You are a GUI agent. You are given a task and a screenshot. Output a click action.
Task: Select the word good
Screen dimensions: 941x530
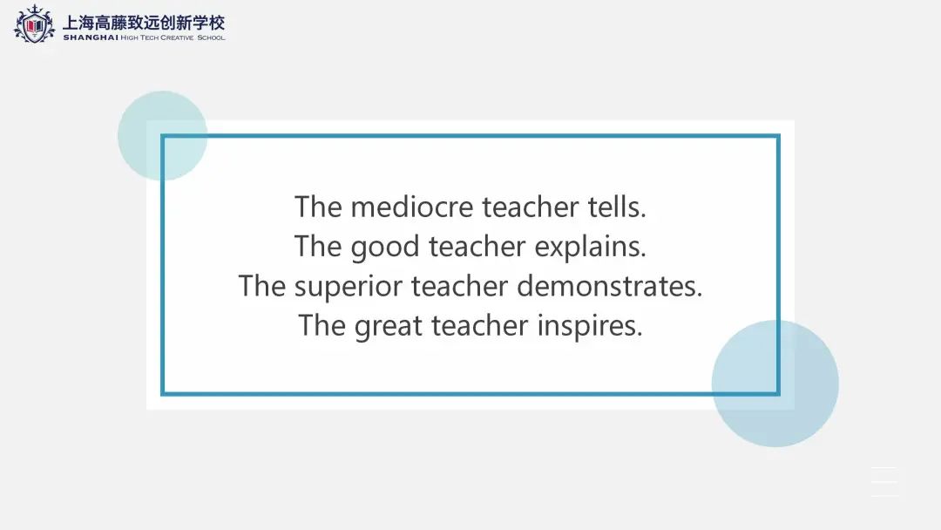tap(385, 248)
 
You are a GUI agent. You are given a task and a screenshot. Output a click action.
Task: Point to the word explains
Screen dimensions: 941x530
tap(591, 248)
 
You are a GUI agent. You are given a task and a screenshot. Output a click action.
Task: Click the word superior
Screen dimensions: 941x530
tap(348, 287)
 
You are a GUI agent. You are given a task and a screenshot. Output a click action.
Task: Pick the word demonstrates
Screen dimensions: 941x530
tap(610, 286)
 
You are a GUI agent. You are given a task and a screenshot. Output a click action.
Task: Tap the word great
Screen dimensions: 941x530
tap(389, 327)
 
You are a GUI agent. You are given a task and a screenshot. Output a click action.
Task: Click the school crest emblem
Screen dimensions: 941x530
tap(34, 24)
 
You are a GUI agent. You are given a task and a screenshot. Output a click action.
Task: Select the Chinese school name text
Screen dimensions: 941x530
tap(144, 22)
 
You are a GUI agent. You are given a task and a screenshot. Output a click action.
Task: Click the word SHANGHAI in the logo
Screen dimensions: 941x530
tap(91, 37)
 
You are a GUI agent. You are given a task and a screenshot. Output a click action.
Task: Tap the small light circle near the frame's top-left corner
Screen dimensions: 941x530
tap(163, 136)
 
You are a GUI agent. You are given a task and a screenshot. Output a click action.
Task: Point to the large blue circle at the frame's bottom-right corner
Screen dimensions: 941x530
tap(775, 384)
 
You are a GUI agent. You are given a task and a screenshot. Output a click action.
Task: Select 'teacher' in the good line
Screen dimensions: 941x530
tap(477, 246)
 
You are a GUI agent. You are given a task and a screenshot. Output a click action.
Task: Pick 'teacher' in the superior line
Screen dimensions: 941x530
tap(460, 286)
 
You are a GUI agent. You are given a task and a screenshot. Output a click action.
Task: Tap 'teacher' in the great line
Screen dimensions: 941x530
tap(479, 325)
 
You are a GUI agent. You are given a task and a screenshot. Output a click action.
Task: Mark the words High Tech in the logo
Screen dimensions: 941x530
tap(139, 37)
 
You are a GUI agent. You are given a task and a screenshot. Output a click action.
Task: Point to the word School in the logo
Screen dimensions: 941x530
tap(211, 37)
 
